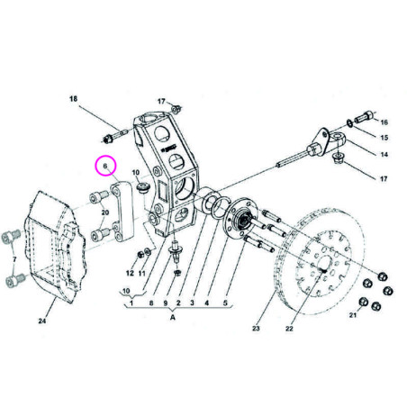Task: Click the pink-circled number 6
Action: pyautogui.click(x=104, y=167)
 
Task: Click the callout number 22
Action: pyautogui.click(x=290, y=328)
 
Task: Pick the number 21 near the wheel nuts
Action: pyautogui.click(x=354, y=314)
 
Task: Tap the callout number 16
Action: pyautogui.click(x=383, y=122)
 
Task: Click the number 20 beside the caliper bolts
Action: pyautogui.click(x=104, y=213)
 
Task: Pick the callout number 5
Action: pyautogui.click(x=225, y=303)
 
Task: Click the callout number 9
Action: pyautogui.click(x=165, y=303)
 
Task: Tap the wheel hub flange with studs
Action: pyautogui.click(x=243, y=220)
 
